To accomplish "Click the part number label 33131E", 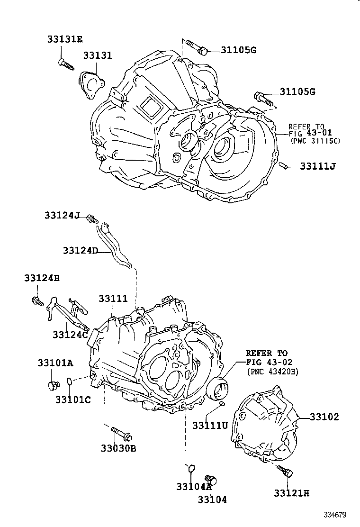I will [64, 39].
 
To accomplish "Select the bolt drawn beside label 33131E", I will [66, 64].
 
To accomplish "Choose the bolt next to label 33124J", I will [92, 219].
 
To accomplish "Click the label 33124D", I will [80, 250].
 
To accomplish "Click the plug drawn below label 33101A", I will [53, 385].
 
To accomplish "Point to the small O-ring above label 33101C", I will [69, 381].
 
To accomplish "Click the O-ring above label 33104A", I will [190, 469].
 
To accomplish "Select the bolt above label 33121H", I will [285, 471].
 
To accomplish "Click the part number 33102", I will [324, 417].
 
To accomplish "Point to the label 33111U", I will [210, 425].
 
